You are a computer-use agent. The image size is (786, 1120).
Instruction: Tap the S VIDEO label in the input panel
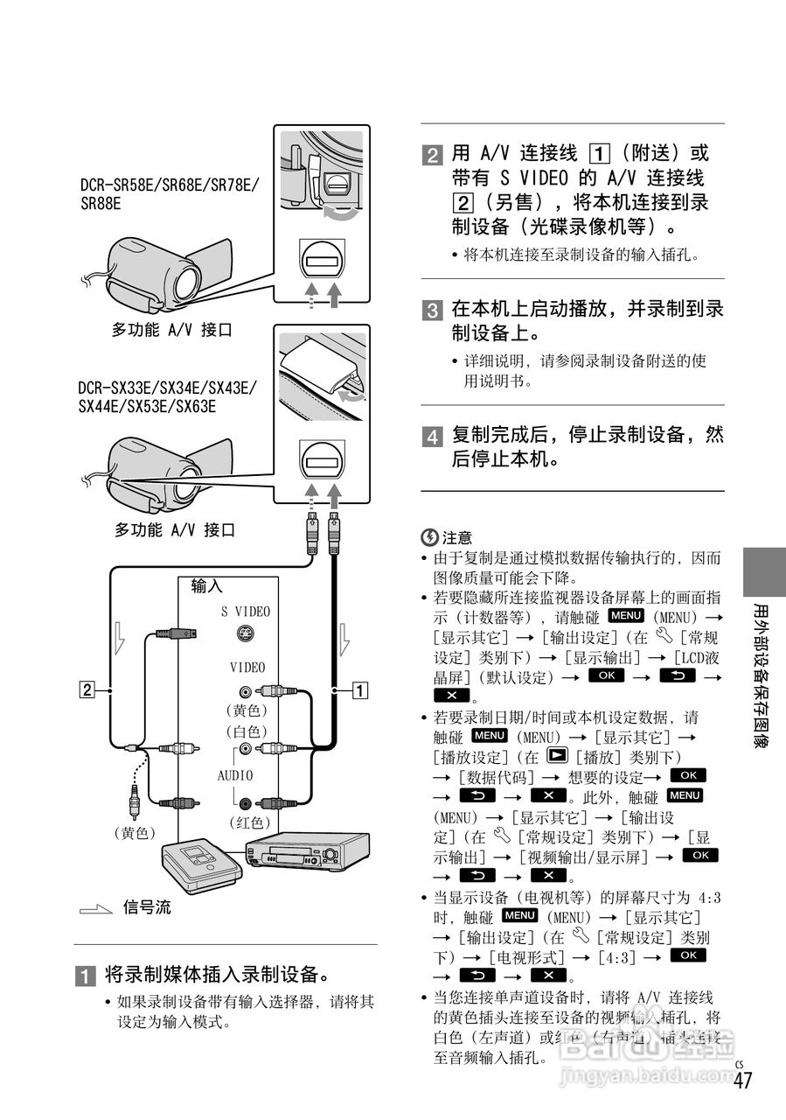(245, 612)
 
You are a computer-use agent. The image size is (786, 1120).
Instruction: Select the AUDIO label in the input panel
(234, 776)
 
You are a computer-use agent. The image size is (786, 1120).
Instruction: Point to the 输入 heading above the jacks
(207, 587)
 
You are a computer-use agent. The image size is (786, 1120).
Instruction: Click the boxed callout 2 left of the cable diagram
(87, 689)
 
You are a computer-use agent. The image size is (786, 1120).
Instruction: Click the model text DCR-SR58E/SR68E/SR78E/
(170, 185)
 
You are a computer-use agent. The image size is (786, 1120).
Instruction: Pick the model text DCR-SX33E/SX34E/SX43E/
(167, 388)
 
